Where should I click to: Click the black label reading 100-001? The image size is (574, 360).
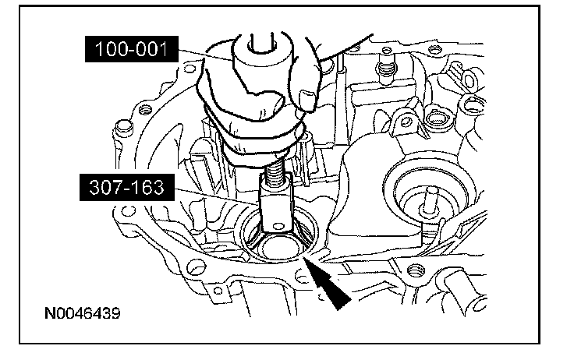point(132,49)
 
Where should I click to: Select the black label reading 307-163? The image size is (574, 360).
point(127,187)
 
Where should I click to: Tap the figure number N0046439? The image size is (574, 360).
point(83,313)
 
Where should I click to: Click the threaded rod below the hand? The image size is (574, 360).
point(275,171)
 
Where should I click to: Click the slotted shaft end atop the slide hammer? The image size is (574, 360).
point(261,43)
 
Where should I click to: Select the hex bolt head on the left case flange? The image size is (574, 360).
point(123,129)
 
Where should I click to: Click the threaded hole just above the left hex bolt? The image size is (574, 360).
point(144,109)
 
